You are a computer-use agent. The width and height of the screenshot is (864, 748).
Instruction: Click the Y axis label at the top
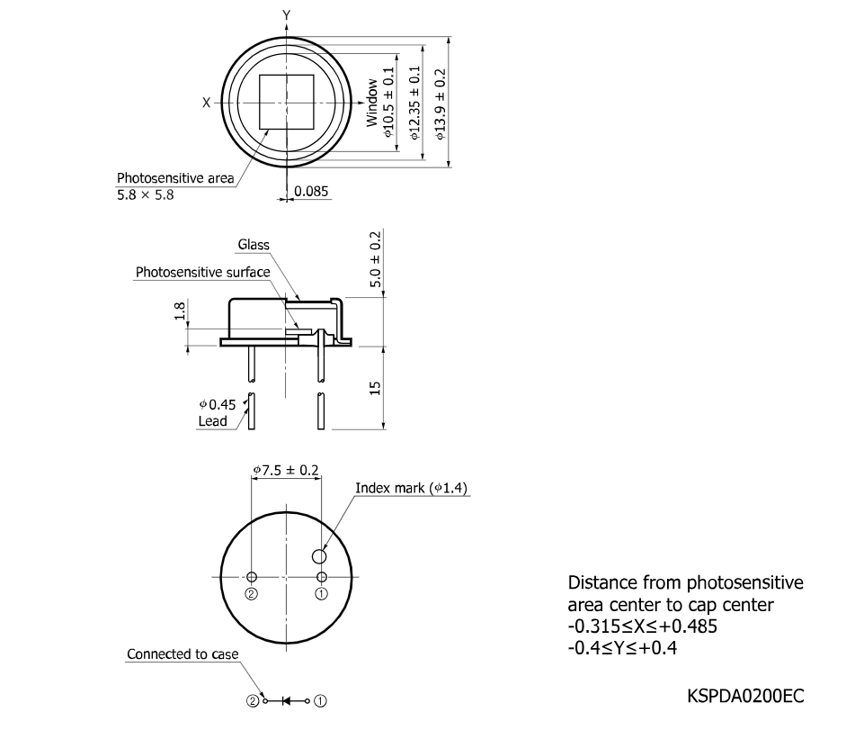tap(287, 15)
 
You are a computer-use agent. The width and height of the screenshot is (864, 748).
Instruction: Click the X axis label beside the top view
tap(206, 103)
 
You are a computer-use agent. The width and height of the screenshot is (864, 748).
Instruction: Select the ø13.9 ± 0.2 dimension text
tap(441, 104)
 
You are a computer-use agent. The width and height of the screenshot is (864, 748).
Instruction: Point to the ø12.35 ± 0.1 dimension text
tap(415, 103)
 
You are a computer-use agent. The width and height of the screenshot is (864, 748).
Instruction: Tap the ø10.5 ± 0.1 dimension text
tap(388, 103)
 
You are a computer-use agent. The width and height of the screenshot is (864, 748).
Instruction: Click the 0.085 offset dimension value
tap(311, 192)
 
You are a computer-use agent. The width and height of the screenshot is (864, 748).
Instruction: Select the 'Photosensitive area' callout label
tap(175, 178)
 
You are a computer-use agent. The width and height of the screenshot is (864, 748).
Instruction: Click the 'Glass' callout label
tap(254, 244)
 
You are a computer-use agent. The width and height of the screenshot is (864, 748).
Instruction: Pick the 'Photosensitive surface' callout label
tap(203, 272)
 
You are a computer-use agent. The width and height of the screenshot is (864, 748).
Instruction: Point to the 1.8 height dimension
tap(180, 311)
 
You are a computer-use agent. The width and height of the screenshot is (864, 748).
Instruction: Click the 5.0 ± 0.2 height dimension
tap(375, 259)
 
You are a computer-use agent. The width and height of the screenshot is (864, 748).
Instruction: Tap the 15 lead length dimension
tap(375, 388)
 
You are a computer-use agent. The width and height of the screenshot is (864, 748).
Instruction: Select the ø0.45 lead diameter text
tap(217, 405)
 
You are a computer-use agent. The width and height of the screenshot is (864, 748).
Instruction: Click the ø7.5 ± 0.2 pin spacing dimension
tap(286, 470)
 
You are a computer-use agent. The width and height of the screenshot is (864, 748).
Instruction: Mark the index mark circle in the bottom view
tap(319, 556)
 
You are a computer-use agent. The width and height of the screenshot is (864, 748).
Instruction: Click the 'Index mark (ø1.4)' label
tap(411, 488)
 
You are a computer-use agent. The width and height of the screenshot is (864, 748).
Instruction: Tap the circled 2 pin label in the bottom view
tap(251, 594)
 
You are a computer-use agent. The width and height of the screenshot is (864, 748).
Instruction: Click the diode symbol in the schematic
tap(286, 701)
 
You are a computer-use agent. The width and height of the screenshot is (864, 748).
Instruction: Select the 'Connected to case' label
tap(183, 654)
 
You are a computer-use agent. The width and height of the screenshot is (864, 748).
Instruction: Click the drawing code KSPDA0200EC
tap(745, 696)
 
